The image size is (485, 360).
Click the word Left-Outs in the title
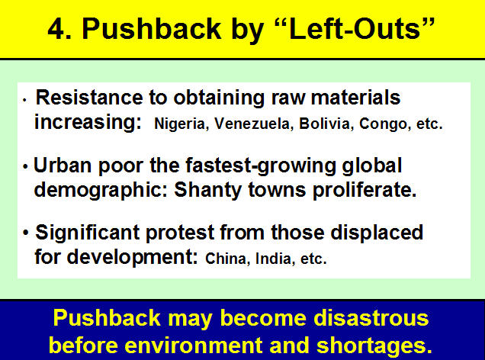355,29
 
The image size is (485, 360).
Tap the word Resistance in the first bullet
89,98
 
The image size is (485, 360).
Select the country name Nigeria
179,124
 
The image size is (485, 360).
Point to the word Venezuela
253,124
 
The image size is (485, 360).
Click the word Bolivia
324,124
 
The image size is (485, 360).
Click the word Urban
63,166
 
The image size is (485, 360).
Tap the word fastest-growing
261,166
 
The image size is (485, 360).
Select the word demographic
98,190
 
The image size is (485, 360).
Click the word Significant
88,233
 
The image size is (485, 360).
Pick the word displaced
377,233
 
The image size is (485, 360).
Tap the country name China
226,259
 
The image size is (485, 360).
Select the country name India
273,259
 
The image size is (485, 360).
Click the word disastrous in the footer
371,317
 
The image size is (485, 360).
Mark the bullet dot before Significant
26,233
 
